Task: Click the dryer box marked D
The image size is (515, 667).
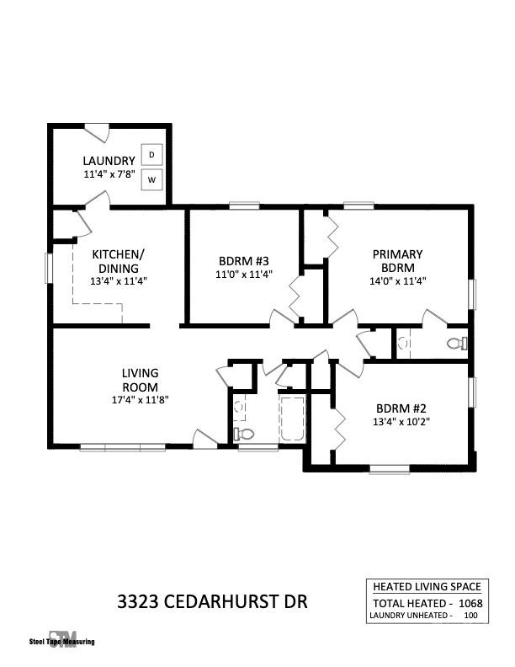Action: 152,155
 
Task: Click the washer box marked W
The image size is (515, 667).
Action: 152,179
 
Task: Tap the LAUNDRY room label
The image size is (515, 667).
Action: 109,161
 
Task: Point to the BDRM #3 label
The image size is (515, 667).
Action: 243,260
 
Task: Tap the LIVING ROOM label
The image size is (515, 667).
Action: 140,380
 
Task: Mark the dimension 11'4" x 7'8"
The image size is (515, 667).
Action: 109,174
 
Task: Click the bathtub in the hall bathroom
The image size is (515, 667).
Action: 292,418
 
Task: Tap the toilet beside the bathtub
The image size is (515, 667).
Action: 244,433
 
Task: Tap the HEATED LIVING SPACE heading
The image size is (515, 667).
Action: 426,586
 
